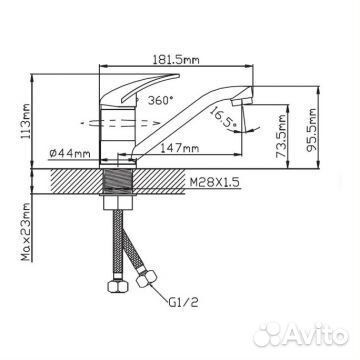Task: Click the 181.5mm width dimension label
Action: [x=176, y=60]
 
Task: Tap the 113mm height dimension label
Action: [x=26, y=121]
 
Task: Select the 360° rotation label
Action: [x=161, y=100]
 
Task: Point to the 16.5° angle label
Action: [x=222, y=117]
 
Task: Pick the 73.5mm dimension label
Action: [x=281, y=136]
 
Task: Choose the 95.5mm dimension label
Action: [x=312, y=130]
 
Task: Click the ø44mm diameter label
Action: [x=70, y=154]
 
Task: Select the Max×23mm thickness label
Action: [x=26, y=232]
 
